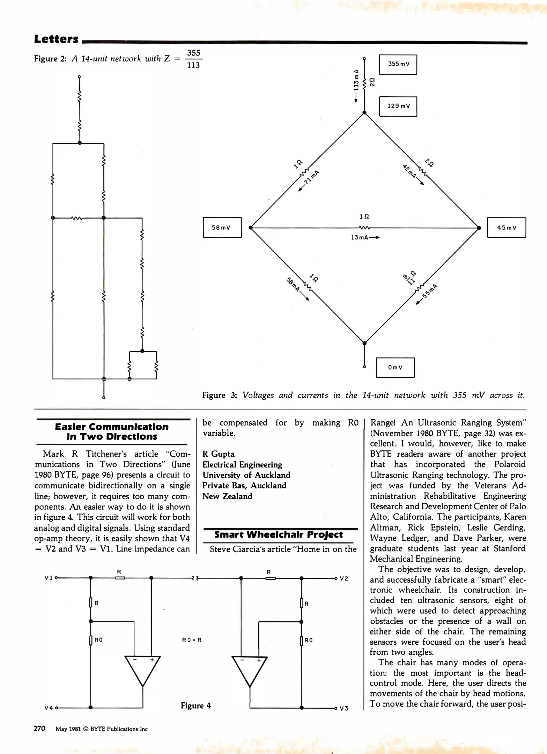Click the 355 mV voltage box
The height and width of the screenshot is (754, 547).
[398, 64]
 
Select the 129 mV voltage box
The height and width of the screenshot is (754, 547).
[398, 106]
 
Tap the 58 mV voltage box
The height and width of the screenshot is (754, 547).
[222, 228]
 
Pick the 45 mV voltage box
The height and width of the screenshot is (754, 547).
[507, 228]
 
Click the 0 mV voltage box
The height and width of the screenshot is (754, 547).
[395, 368]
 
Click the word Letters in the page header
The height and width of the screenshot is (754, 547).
[56, 39]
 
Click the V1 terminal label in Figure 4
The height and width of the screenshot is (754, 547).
[49, 578]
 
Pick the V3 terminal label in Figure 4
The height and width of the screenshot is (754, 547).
[344, 708]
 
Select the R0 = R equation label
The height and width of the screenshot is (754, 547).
[192, 640]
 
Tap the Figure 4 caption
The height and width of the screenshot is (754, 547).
[195, 705]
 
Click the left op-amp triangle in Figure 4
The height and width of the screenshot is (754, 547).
[142, 670]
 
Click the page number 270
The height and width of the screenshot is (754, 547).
[39, 728]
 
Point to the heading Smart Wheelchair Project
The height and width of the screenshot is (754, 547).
[279, 535]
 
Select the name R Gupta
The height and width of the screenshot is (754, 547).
[219, 454]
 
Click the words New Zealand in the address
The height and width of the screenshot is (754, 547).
[227, 496]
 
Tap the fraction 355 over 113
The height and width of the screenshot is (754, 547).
[193, 59]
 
